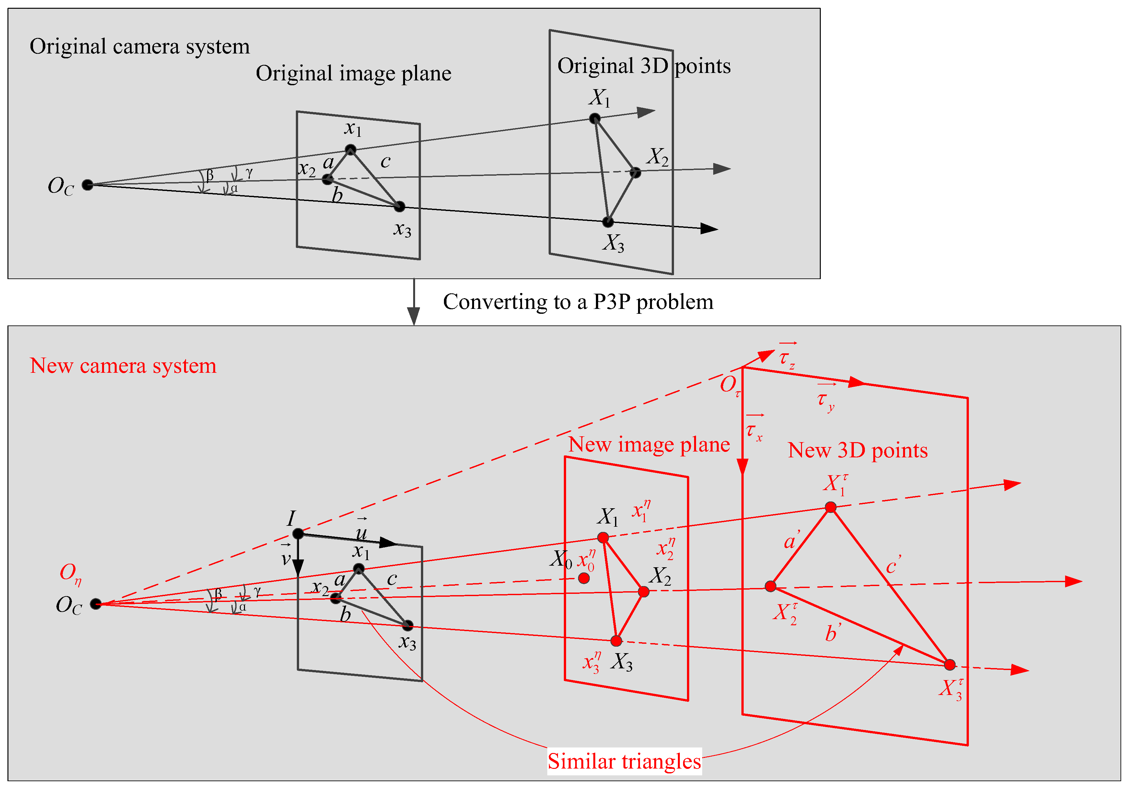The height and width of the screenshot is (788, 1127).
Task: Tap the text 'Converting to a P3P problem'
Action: pos(578,302)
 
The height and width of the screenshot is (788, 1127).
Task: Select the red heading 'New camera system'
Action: pos(123,366)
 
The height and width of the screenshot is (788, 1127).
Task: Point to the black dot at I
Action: pos(297,534)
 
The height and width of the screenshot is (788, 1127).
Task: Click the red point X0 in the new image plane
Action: pos(584,578)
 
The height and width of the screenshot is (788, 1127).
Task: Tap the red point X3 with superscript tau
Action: pos(950,665)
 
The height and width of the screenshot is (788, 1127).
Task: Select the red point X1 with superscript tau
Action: pos(831,507)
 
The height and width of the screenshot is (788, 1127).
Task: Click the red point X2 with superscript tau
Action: pos(771,586)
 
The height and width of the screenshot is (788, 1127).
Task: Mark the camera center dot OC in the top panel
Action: pos(87,185)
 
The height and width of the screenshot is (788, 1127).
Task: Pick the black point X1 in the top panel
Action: pos(594,118)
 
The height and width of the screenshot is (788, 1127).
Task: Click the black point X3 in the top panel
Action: pos(608,222)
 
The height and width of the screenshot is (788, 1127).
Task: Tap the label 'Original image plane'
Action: pos(354,74)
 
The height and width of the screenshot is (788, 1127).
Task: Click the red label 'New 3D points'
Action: pos(857,450)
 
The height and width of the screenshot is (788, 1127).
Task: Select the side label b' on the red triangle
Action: pos(833,632)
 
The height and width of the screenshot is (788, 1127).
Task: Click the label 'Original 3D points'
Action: pos(644,66)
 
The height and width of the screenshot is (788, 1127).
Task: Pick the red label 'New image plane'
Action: pos(649,444)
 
